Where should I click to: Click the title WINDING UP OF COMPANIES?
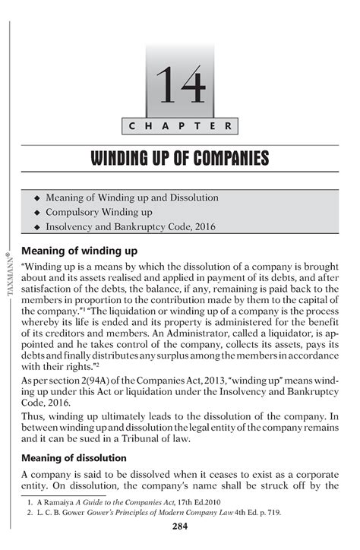(x=180, y=159)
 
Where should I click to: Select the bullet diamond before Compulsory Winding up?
(x=36, y=213)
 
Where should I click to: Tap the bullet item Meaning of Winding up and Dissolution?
(x=131, y=198)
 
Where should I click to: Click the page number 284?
(x=180, y=526)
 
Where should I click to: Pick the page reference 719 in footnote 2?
(x=271, y=513)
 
